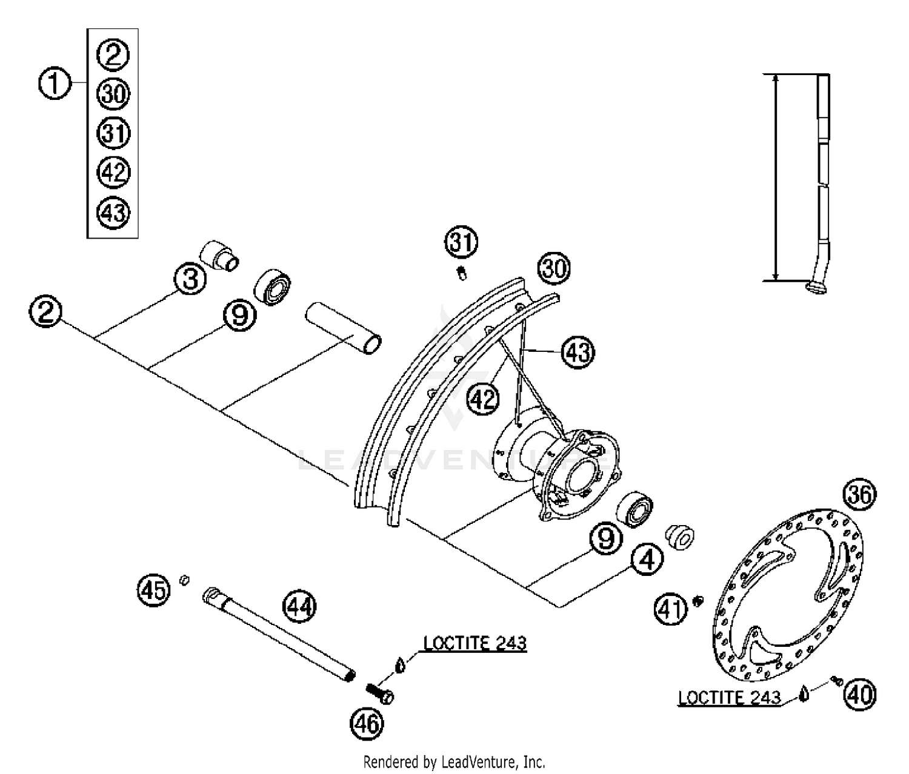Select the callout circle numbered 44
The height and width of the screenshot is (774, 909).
[x=300, y=606]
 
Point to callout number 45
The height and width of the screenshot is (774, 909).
[x=153, y=589]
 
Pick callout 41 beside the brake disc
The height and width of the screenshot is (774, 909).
[x=671, y=609]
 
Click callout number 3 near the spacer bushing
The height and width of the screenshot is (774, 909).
[x=190, y=280]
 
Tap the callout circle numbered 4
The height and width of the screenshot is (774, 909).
[x=647, y=560]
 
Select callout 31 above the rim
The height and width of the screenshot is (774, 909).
[x=462, y=242]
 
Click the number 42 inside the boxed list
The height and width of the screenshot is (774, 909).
[x=113, y=173]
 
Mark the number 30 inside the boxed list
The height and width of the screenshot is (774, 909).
[x=113, y=94]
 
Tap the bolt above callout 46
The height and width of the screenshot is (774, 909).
[x=379, y=693]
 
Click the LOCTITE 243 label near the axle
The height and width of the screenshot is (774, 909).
[x=474, y=643]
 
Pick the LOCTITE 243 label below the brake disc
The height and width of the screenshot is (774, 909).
[x=729, y=697]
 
